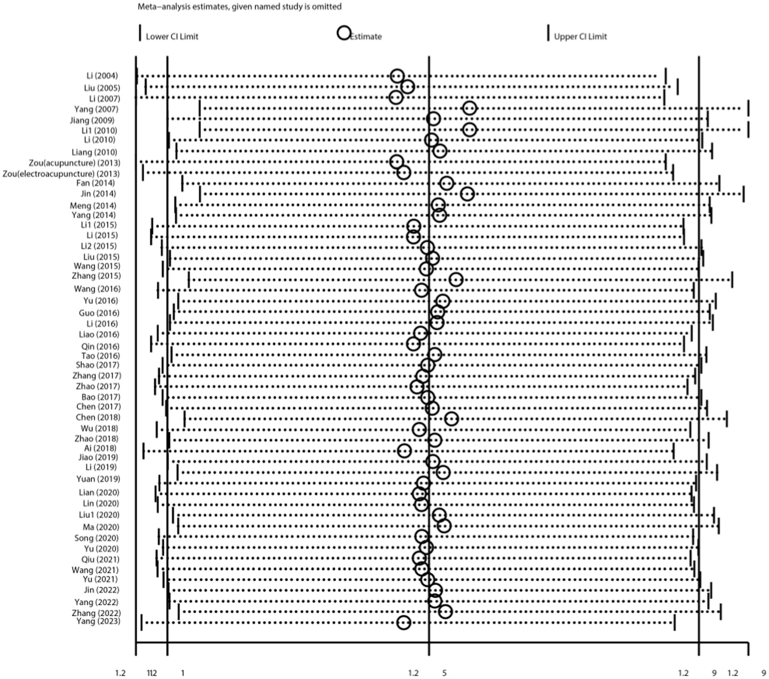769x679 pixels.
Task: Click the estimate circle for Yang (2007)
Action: pyautogui.click(x=469, y=108)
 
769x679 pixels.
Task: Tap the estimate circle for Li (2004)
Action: pyautogui.click(x=397, y=76)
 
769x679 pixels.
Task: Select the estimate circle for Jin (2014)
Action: pyautogui.click(x=467, y=194)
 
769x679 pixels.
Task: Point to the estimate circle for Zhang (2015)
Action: pyautogui.click(x=456, y=279)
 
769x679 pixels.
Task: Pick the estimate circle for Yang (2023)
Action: pyautogui.click(x=404, y=623)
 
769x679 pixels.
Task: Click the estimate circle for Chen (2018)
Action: pyautogui.click(x=451, y=419)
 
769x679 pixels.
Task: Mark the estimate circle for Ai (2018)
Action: pyautogui.click(x=404, y=450)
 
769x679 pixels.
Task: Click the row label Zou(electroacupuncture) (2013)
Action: pyautogui.click(x=61, y=174)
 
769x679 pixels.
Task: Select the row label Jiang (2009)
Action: pyautogui.click(x=92, y=120)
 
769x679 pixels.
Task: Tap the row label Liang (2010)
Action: pyautogui.click(x=94, y=152)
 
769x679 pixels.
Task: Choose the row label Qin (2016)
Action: pyautogui.click(x=100, y=347)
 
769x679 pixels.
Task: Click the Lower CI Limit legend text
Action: pyautogui.click(x=172, y=37)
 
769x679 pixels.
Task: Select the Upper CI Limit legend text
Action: pyautogui.click(x=580, y=37)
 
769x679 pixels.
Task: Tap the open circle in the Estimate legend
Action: pyautogui.click(x=344, y=34)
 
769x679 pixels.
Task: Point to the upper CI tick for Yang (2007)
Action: pyautogui.click(x=748, y=108)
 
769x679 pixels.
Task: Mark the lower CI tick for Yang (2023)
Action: pyautogui.click(x=142, y=622)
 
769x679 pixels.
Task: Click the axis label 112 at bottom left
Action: pyautogui.click(x=152, y=673)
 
